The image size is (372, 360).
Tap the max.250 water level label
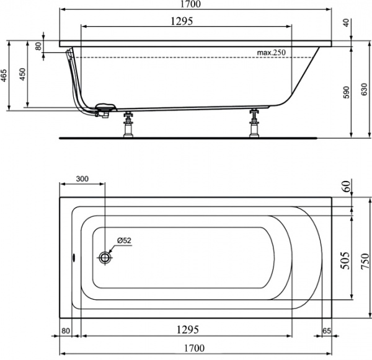pyautogui.click(x=271, y=53)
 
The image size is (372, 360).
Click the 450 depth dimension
pyautogui.click(x=24, y=75)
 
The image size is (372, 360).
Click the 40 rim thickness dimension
pyautogui.click(x=345, y=22)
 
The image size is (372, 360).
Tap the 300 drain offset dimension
pyautogui.click(x=82, y=178)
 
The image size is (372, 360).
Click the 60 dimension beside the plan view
pyautogui.click(x=346, y=187)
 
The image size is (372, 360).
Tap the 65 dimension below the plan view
pyautogui.click(x=327, y=331)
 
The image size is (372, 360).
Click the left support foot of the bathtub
pyautogui.click(x=129, y=124)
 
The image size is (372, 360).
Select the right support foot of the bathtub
pyautogui.click(x=254, y=124)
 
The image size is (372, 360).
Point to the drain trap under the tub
pyautogui.click(x=104, y=110)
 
